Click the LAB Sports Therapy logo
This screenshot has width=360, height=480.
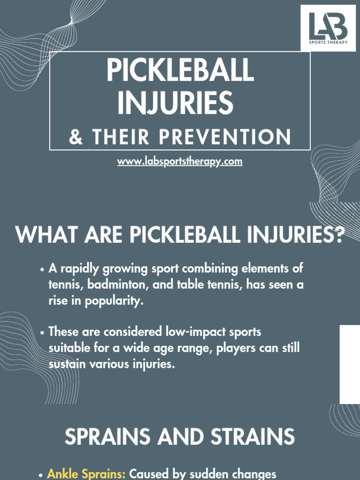328,28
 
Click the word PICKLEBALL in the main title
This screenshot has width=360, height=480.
180,71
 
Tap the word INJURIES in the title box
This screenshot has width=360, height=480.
175,103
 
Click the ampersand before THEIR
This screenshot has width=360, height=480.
75,137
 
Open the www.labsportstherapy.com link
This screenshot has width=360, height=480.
180,162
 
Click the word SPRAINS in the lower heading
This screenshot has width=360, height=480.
107,437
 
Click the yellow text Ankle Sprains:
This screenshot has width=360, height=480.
86,474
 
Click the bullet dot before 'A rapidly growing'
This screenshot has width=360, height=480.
43,270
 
